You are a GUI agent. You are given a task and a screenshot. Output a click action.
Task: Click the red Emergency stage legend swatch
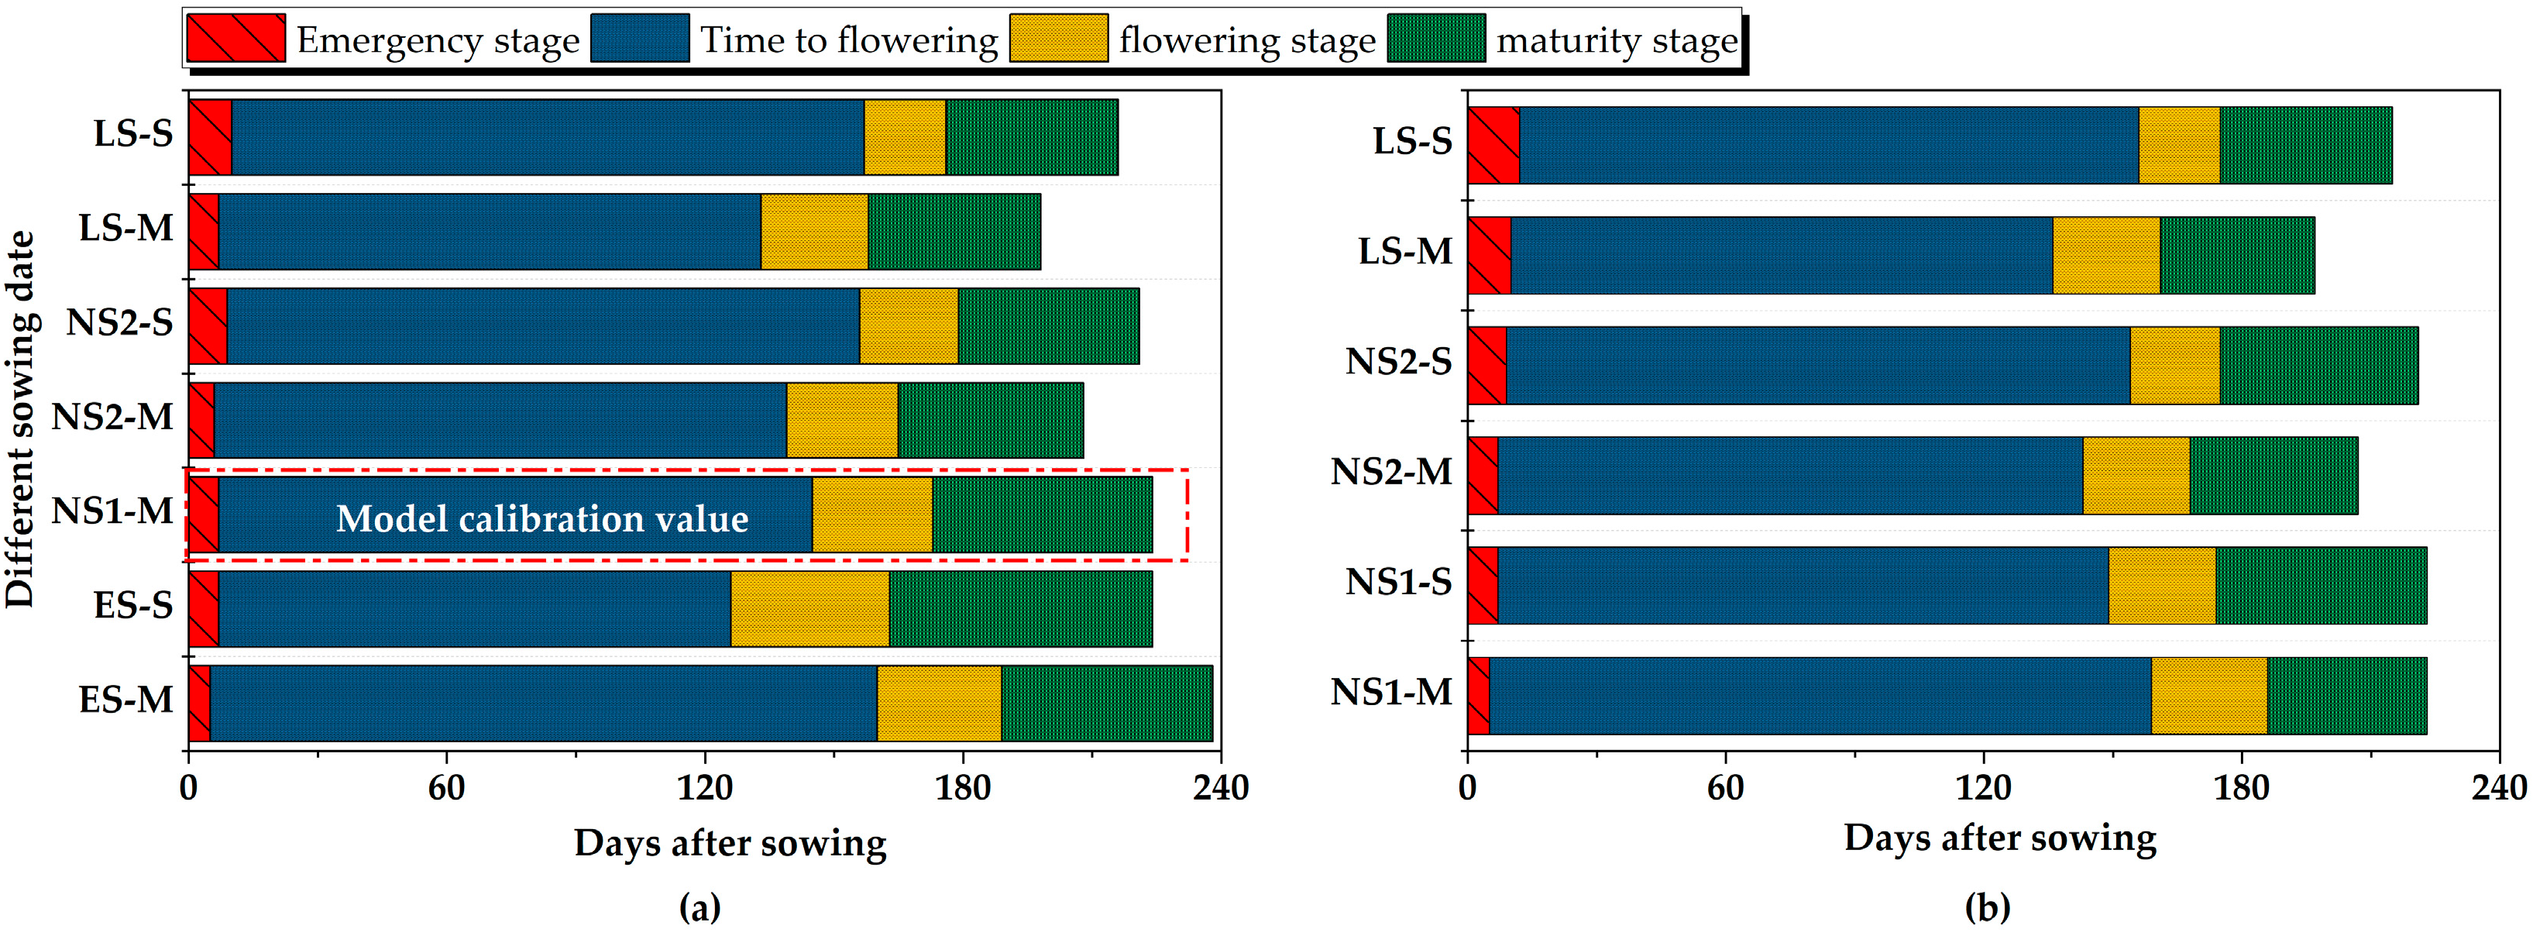236,38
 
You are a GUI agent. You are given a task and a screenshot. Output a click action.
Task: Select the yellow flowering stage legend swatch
1058,38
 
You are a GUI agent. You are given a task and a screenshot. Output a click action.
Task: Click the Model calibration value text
541,518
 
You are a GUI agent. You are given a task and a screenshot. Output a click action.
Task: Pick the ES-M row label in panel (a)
125,700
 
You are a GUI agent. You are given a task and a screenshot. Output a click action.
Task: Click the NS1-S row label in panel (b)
1397,582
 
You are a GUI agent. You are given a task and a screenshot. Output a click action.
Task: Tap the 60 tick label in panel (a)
445,786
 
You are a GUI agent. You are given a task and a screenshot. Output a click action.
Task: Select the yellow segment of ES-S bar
809,608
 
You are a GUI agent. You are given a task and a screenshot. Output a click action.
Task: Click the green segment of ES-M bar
1106,703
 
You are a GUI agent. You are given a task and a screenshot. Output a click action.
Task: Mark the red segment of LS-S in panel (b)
1493,145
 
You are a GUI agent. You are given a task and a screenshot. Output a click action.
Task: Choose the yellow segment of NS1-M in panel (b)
2208,695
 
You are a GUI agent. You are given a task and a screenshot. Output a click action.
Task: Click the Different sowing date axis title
21,420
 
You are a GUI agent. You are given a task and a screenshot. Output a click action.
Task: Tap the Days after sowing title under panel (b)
1999,838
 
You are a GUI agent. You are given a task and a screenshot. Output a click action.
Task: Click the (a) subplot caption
700,907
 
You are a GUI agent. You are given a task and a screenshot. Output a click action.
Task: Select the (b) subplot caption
1987,907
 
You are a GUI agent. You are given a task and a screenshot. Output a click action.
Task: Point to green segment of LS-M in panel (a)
954,231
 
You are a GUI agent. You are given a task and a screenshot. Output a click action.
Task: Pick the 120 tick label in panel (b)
1982,786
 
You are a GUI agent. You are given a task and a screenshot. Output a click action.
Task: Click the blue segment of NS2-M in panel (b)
1789,475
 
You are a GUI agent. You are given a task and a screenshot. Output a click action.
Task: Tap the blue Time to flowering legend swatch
640,38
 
